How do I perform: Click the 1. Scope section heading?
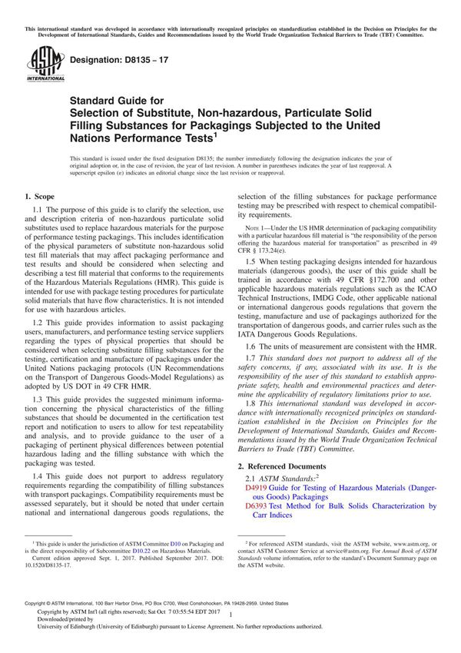(39, 197)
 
